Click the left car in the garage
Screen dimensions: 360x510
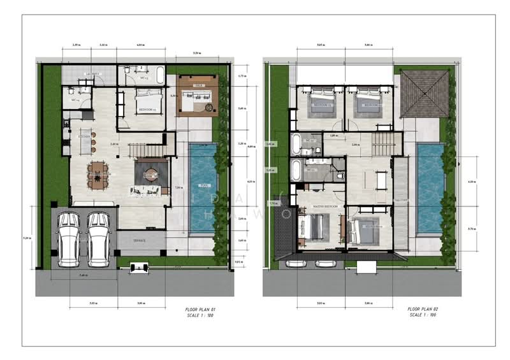[68, 238]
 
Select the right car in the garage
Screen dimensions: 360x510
[99, 238]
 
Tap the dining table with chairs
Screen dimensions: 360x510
[98, 174]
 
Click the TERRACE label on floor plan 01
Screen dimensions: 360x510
[139, 241]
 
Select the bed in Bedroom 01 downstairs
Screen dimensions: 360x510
[149, 101]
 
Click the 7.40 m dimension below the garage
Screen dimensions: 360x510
[83, 275]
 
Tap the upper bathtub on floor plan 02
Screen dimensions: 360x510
[296, 143]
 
